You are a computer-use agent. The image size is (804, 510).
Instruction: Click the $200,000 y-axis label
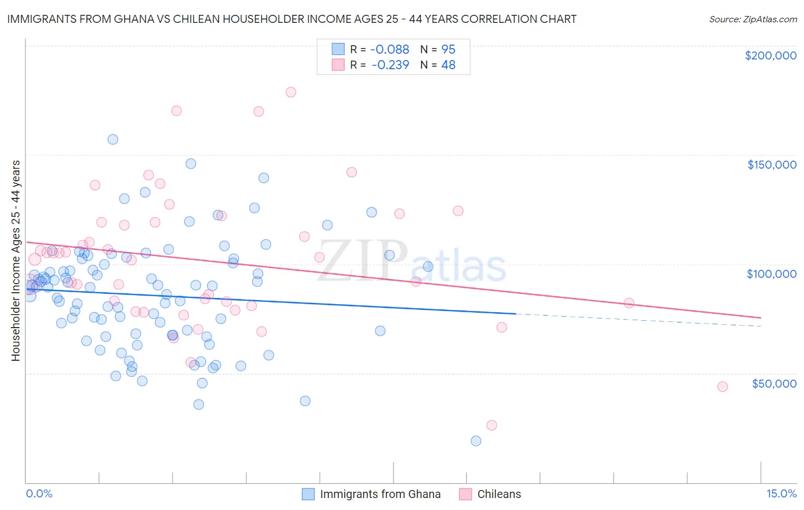click(770, 55)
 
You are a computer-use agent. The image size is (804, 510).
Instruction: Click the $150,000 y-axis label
click(771, 165)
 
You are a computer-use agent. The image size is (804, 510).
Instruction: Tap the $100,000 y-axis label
click(771, 274)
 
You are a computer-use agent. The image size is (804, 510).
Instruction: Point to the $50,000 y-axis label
click(774, 384)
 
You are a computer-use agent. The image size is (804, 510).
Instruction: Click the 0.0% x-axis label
click(39, 493)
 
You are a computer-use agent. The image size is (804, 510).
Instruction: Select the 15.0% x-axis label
click(781, 493)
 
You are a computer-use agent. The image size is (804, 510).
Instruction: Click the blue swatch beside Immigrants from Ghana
click(308, 494)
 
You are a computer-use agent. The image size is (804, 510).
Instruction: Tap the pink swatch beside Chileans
click(465, 494)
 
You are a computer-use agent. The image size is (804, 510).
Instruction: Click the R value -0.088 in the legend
click(390, 50)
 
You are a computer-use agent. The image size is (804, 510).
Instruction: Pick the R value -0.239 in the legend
click(390, 65)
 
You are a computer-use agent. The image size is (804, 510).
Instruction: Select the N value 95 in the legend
click(448, 50)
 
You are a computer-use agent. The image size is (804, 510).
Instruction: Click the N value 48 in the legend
click(448, 65)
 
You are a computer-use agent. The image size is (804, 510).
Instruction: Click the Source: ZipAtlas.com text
click(753, 19)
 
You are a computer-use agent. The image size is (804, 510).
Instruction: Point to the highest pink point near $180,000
click(290, 92)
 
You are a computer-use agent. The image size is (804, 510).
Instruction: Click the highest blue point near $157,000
click(113, 140)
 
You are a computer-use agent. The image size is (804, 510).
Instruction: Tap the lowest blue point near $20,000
click(476, 441)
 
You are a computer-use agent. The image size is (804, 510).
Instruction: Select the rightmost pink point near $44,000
click(722, 387)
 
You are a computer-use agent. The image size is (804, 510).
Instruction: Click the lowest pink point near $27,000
click(491, 425)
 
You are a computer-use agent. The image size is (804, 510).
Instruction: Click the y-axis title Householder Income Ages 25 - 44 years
click(16, 261)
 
